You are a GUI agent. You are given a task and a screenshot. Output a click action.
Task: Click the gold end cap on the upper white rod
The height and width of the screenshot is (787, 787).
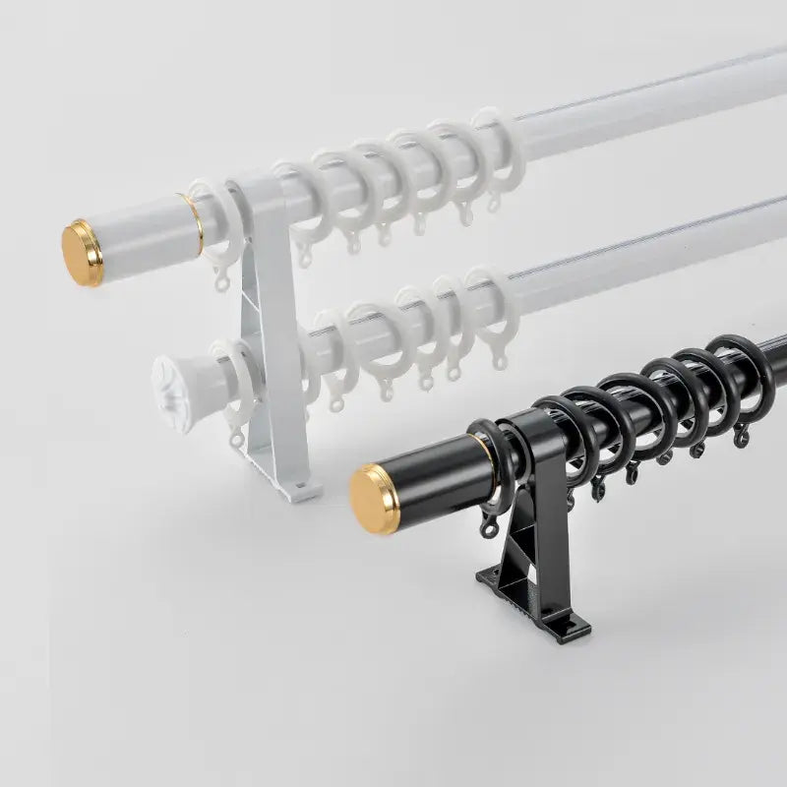pyautogui.click(x=82, y=254)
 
